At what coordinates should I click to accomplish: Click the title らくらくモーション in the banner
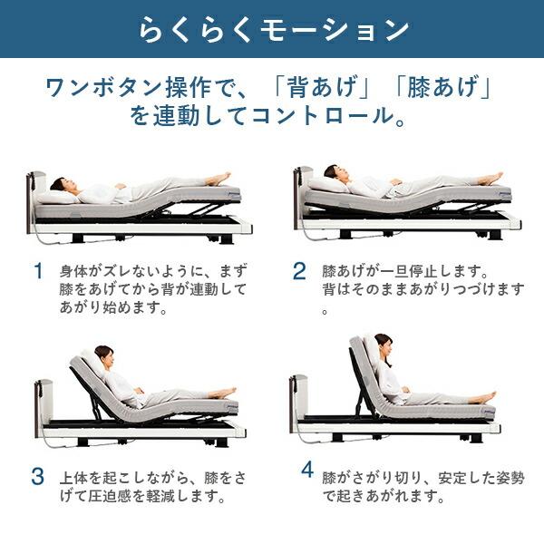point(273,29)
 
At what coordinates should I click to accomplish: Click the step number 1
point(38,271)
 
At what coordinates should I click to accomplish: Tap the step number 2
point(299,271)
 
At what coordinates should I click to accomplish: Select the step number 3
point(38,475)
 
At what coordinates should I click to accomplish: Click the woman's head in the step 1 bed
point(59,185)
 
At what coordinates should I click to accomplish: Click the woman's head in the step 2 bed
point(331,172)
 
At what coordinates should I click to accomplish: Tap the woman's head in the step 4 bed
point(383,344)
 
